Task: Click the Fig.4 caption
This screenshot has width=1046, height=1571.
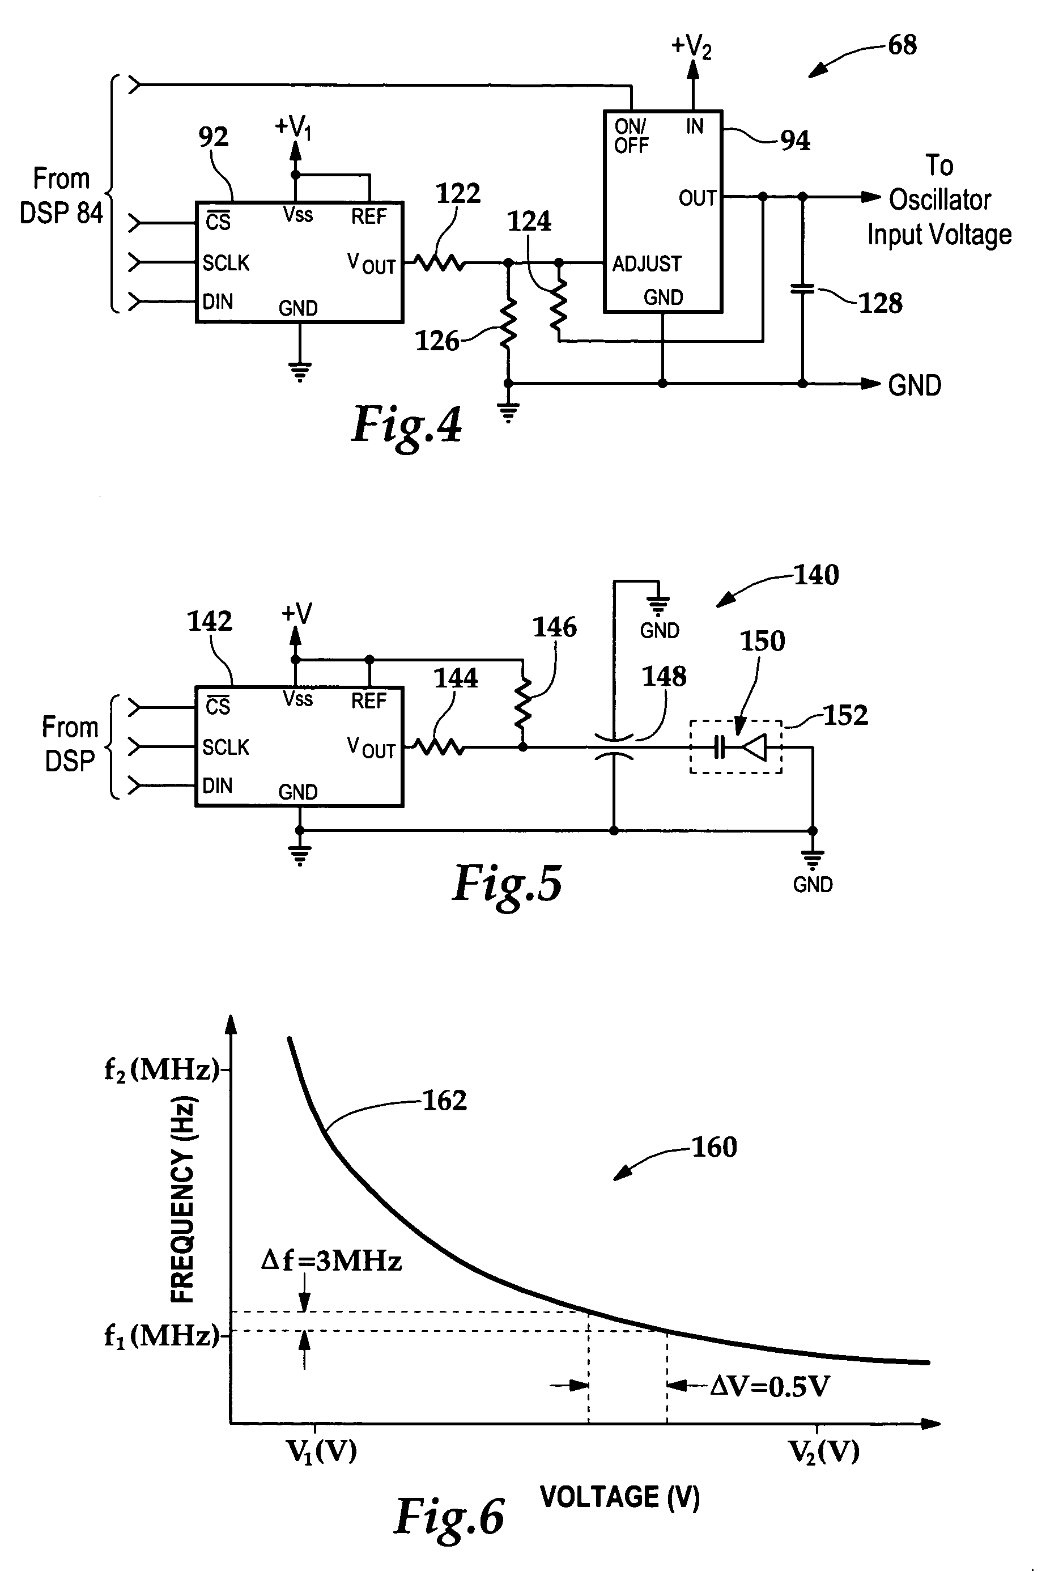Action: (406, 425)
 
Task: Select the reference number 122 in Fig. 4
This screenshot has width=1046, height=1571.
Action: (458, 193)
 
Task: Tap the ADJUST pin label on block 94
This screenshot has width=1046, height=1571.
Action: (647, 264)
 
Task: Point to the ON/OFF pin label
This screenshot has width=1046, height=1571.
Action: (631, 135)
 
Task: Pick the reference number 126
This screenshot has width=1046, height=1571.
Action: (437, 341)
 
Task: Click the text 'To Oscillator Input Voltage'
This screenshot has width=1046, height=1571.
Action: (939, 200)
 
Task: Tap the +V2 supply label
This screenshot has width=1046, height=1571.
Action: (691, 46)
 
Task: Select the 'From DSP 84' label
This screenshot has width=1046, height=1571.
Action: (61, 196)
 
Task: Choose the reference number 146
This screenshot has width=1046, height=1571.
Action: (554, 627)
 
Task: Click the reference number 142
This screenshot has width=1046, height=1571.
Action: (210, 621)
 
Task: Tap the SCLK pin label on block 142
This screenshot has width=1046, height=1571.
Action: (226, 747)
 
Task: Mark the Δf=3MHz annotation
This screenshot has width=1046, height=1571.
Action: (331, 1261)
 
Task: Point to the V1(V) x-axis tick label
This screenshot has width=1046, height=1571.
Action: (321, 1451)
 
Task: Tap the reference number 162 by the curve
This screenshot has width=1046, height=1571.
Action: (445, 1100)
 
